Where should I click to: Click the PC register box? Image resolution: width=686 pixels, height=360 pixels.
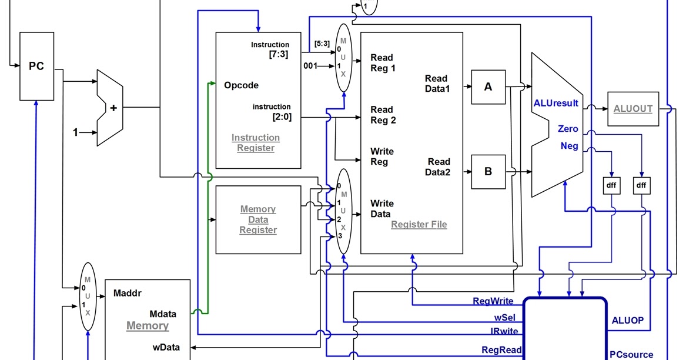(x=36, y=66)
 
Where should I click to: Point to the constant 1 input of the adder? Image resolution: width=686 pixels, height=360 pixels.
(x=75, y=133)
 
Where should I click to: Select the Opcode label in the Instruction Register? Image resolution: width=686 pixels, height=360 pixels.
(x=241, y=85)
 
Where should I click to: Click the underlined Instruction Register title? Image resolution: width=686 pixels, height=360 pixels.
(x=256, y=143)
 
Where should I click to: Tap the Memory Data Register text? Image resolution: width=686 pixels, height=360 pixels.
(x=258, y=219)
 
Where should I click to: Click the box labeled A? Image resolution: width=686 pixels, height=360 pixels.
(x=488, y=87)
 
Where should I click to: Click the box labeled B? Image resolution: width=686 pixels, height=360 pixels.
(x=488, y=172)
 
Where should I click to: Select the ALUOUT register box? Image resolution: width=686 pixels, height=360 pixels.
(x=633, y=109)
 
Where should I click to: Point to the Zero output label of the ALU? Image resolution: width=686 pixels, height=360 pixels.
(x=568, y=129)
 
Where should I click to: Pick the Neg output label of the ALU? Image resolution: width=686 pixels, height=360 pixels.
(x=569, y=146)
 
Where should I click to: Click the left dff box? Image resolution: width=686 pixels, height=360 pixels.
(x=611, y=185)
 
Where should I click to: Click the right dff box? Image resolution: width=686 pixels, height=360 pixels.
(x=641, y=185)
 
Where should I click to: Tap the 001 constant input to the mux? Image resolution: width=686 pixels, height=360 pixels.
(x=310, y=66)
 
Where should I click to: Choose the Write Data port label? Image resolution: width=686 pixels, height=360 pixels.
(x=382, y=209)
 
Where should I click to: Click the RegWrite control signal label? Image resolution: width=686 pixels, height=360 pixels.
(x=493, y=301)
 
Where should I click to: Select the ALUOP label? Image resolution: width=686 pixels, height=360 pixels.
(x=628, y=321)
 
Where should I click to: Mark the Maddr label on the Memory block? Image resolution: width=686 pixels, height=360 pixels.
(x=127, y=292)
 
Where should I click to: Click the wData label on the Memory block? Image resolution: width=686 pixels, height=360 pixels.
(x=166, y=347)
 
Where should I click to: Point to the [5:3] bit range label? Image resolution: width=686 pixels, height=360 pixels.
(x=322, y=44)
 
